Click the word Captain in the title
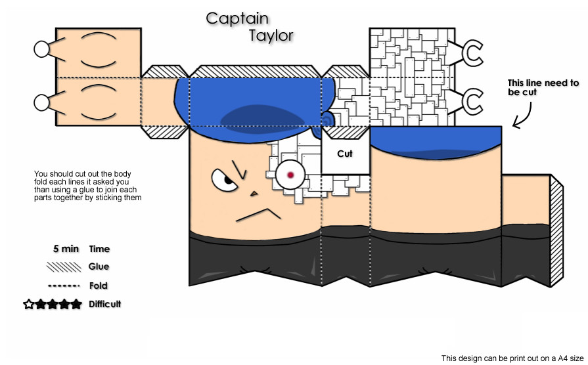coord(237,19)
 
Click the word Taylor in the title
coord(271,36)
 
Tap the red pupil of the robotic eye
coord(290,175)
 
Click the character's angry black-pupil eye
coord(224,181)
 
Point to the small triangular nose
coord(254,194)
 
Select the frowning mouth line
coord(258,215)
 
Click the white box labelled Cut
coord(346,154)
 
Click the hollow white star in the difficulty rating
coord(28,304)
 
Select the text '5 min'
coord(66,249)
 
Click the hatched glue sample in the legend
coord(64,267)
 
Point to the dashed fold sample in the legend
coord(64,286)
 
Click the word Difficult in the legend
coord(105,304)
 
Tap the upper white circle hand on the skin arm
coord(41,49)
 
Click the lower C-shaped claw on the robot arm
coord(472,102)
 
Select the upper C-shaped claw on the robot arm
coord(472,53)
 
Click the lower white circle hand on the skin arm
coord(41,102)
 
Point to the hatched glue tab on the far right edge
coord(556,230)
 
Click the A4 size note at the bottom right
coord(512,358)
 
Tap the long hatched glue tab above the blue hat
coord(256,72)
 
